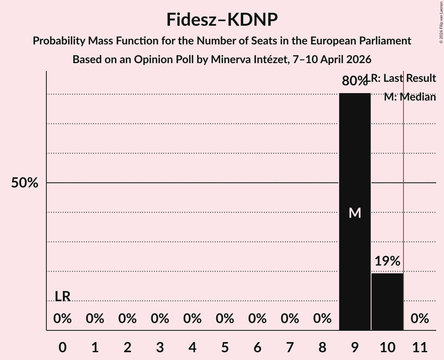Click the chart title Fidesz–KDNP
click(222, 19)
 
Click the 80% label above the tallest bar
click(354, 81)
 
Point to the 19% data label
click(387, 261)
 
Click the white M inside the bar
click(355, 213)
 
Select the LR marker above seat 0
click(62, 296)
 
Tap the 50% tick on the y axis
click(24, 183)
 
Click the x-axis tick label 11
click(420, 346)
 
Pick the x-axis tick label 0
click(62, 346)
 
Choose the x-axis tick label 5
click(225, 346)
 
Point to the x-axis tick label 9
click(355, 346)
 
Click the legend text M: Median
click(410, 97)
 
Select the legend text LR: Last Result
click(403, 78)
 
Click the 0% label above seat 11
click(420, 319)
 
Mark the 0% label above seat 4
click(192, 319)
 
